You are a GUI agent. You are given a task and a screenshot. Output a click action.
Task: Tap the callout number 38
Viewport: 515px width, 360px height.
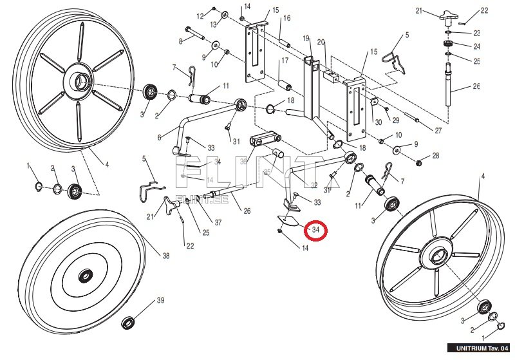[165, 256]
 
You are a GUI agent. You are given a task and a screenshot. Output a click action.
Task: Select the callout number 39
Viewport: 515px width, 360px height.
[161, 301]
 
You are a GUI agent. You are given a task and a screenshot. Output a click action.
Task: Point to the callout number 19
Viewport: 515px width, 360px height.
[306, 39]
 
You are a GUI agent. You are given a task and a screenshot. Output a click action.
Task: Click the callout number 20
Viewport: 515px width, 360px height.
[321, 43]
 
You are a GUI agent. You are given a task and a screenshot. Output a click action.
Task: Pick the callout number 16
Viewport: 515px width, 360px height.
[286, 18]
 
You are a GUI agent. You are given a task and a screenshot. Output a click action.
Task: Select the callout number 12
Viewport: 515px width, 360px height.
[200, 15]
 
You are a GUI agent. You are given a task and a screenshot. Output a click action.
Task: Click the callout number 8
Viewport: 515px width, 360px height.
[181, 41]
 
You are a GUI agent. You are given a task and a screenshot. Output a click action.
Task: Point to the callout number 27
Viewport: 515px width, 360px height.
[438, 131]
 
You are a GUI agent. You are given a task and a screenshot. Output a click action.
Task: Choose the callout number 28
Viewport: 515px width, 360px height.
[436, 156]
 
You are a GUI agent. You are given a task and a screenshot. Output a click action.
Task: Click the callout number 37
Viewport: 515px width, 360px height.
[218, 223]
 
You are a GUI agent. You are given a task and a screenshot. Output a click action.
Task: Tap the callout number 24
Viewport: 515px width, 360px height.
[476, 46]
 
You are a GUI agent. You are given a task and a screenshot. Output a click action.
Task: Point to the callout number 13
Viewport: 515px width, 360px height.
[213, 24]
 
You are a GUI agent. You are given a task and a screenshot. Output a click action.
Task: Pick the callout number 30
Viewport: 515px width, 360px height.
[378, 122]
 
